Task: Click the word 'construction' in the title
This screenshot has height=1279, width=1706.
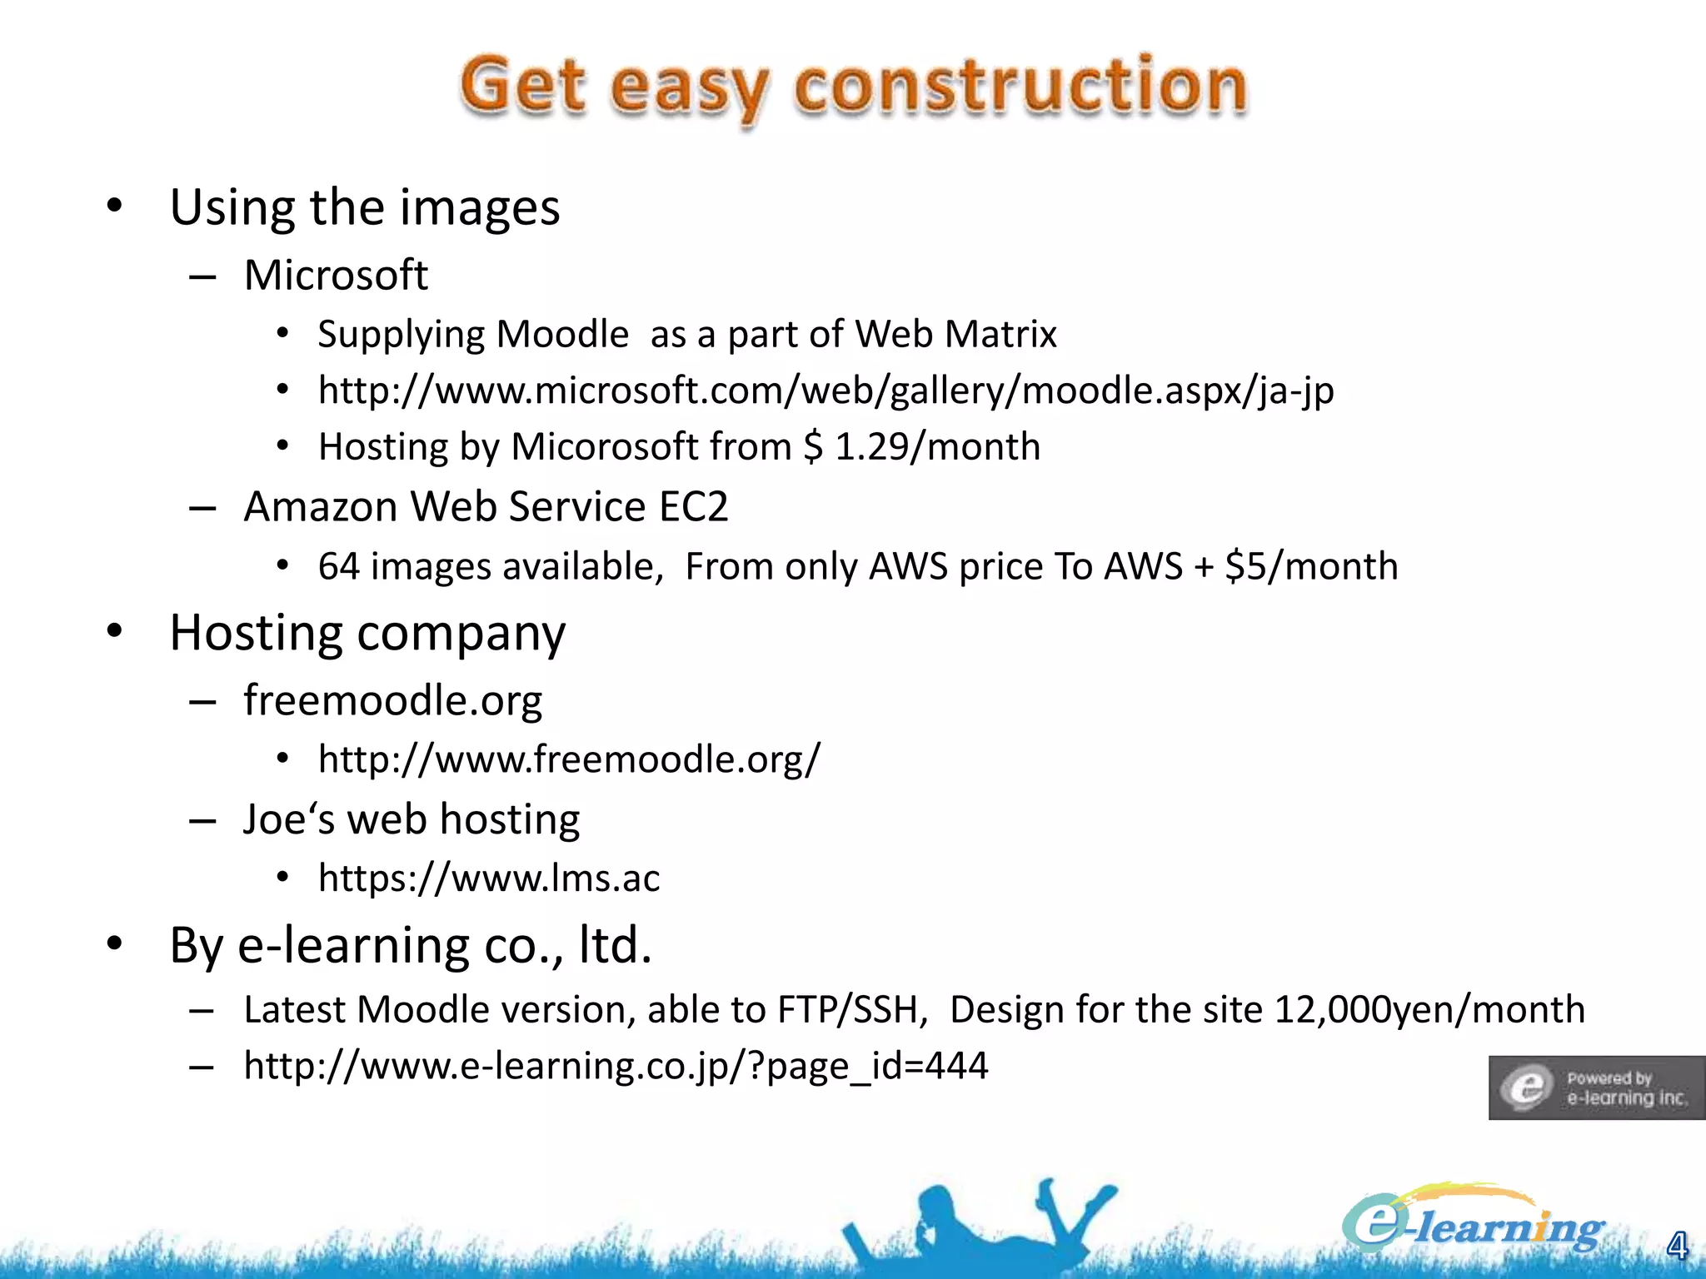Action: [1020, 87]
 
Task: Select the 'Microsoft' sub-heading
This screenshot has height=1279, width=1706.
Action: [336, 275]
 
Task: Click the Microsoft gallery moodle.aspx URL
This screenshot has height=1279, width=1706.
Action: [826, 390]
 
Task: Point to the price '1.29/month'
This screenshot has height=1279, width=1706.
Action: [938, 446]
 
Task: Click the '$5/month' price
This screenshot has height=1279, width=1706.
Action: [1311, 566]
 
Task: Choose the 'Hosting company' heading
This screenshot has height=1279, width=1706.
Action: [367, 633]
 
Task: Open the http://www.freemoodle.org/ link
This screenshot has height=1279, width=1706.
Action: [569, 759]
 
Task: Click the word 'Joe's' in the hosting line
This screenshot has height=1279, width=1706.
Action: [290, 819]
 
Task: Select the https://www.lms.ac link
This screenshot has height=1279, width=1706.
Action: [489, 878]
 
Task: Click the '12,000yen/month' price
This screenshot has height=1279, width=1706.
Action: [1429, 1009]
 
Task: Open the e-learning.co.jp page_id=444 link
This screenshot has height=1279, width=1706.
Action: [616, 1065]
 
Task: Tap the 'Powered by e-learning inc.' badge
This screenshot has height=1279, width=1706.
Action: [1596, 1087]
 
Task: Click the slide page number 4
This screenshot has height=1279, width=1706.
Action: [1677, 1246]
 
